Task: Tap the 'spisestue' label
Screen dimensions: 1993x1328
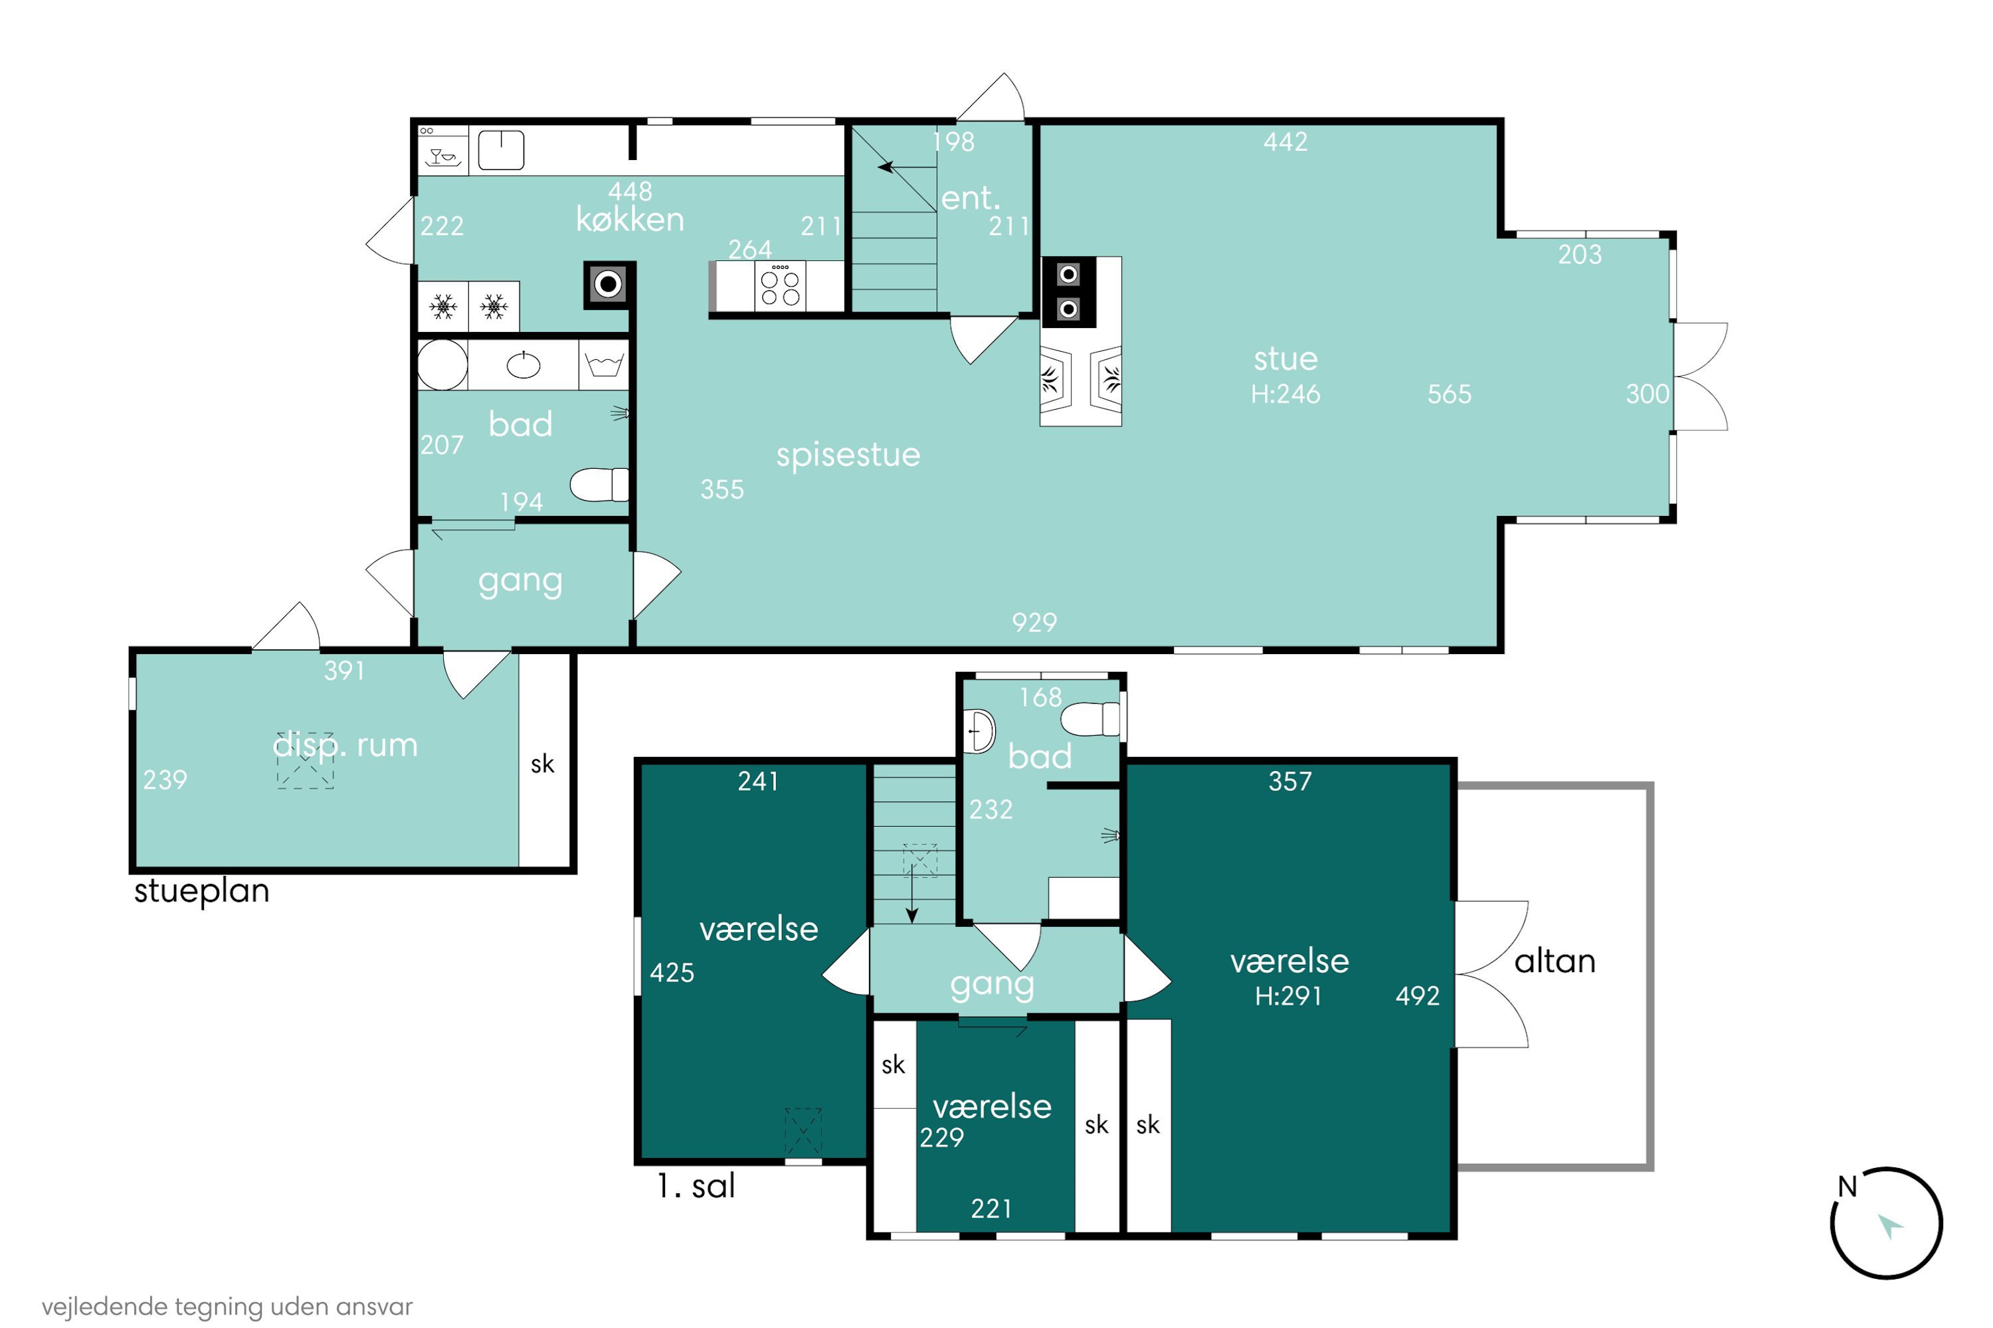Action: click(848, 456)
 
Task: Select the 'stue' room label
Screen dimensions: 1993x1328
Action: click(1285, 359)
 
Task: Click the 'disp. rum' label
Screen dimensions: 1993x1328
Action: click(345, 745)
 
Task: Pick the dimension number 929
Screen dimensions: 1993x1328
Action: click(1034, 623)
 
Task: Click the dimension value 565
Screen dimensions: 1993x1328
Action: click(1449, 394)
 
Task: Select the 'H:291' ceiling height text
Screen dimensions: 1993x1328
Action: click(1288, 996)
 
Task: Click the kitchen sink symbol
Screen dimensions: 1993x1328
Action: click(501, 150)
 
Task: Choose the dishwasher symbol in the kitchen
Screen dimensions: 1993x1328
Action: click(443, 151)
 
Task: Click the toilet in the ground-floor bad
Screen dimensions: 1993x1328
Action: click(599, 485)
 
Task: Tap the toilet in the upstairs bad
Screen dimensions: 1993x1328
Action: click(1091, 719)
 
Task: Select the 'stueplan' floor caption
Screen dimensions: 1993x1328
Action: click(202, 891)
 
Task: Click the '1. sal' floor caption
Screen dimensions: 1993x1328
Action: click(696, 1186)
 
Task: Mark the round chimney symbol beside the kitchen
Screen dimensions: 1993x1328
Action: click(608, 284)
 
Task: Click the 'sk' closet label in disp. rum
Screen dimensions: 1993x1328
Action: click(542, 764)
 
